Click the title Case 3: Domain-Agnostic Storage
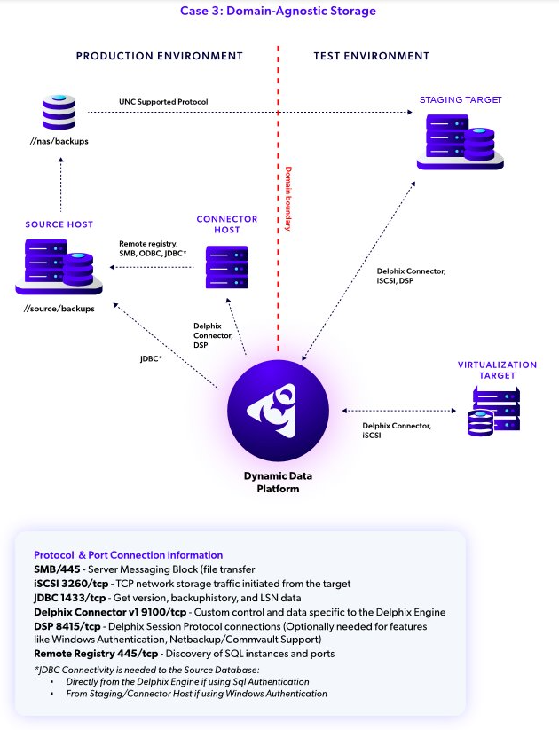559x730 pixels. click(x=279, y=12)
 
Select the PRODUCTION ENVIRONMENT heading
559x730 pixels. click(x=159, y=56)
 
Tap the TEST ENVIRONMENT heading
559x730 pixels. click(x=371, y=56)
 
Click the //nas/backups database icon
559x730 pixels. click(x=59, y=113)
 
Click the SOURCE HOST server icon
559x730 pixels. click(x=59, y=265)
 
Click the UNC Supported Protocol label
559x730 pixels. click(x=163, y=102)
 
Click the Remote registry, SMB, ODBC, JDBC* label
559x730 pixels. click(x=153, y=248)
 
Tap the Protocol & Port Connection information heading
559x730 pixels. click(x=128, y=553)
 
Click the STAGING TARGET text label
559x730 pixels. click(x=461, y=100)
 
